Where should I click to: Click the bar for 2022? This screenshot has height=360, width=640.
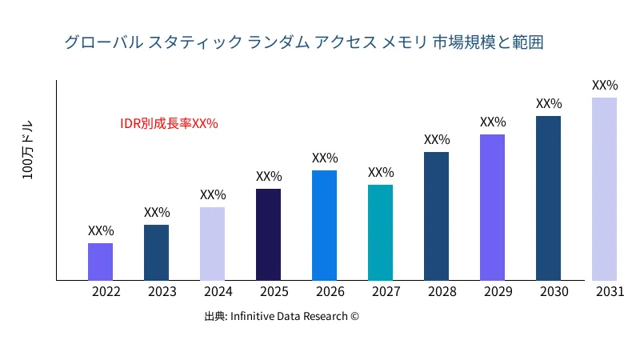100,262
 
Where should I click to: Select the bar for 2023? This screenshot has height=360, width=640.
156,253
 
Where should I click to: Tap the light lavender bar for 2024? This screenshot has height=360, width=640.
212,244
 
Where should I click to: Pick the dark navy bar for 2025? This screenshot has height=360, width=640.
268,234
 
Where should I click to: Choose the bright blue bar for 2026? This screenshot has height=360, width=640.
324,226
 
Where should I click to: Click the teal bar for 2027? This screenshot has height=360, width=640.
380,233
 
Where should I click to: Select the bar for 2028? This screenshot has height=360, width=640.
436,216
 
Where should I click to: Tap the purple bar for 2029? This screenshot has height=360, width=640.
492,207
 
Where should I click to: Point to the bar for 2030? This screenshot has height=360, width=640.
548,198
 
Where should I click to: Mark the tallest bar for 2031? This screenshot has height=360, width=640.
604,189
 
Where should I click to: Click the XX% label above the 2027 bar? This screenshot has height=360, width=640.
381,173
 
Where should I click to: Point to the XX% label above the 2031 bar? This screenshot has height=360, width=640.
605,86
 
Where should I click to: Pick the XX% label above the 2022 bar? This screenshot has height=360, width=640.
101,231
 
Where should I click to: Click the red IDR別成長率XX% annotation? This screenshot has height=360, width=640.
169,124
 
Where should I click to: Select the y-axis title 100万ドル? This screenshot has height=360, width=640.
28,151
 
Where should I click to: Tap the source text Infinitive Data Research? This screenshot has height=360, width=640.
289,317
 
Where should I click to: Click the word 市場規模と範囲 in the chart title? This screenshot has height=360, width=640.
488,42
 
